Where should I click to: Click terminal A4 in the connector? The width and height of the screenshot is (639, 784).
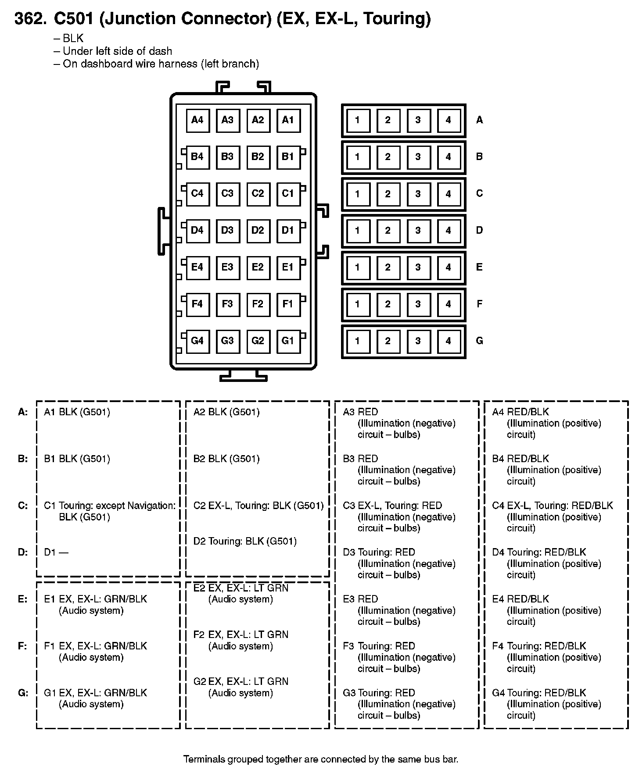(x=197, y=120)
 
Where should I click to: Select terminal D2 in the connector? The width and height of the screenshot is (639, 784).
(x=258, y=230)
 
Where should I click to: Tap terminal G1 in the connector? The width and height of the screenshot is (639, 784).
(x=288, y=341)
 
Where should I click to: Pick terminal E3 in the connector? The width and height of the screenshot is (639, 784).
(x=227, y=267)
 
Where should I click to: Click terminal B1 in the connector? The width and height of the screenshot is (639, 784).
(x=288, y=157)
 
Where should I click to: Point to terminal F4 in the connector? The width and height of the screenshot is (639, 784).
(x=197, y=304)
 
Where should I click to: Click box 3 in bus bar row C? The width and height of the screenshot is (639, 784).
(x=418, y=194)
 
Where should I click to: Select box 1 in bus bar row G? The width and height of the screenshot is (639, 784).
(x=357, y=341)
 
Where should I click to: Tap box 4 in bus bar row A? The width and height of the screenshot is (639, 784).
(x=448, y=120)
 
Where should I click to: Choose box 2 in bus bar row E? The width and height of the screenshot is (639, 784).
(x=388, y=267)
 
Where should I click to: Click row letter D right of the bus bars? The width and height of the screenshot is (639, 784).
(x=479, y=230)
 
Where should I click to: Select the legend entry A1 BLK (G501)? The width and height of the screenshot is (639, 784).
(x=77, y=412)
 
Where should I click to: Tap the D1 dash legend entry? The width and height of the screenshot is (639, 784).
(x=56, y=552)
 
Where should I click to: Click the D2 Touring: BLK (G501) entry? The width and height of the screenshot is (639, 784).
(x=245, y=541)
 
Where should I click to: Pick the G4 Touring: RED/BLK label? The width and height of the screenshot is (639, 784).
(x=539, y=693)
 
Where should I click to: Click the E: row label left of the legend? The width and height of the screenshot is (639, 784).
(x=23, y=599)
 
